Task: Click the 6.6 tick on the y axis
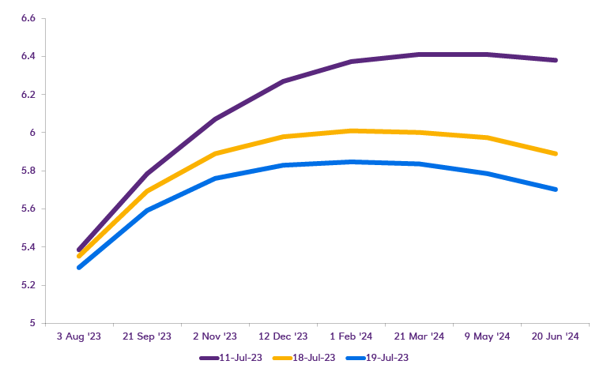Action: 28,18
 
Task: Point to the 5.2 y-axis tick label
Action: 28,285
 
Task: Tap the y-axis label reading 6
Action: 33,133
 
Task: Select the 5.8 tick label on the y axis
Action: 28,171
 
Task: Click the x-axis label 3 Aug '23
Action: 79,336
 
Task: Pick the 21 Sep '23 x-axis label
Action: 147,336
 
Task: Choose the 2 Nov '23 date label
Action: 215,336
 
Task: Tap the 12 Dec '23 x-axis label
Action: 283,336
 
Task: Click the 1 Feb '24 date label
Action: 351,336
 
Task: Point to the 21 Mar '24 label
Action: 419,336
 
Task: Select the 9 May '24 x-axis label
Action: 487,336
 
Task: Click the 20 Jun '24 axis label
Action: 555,336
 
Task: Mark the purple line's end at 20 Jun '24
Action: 556,60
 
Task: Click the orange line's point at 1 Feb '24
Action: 351,131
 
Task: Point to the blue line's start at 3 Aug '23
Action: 79,267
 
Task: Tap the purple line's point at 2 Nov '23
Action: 215,119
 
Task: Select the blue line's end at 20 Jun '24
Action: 556,190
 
